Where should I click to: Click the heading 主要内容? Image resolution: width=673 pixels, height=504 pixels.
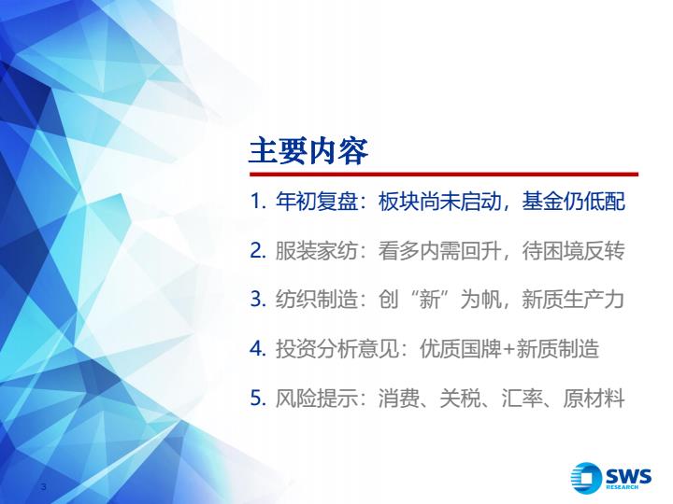pyautogui.click(x=308, y=151)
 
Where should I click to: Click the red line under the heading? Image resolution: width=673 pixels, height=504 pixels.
pyautogui.click(x=444, y=175)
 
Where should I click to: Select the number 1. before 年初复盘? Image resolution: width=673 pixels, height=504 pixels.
pyautogui.click(x=258, y=202)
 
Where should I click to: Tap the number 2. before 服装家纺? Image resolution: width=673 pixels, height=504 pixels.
pyautogui.click(x=258, y=251)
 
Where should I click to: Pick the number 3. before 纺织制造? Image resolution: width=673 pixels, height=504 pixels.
pyautogui.click(x=258, y=300)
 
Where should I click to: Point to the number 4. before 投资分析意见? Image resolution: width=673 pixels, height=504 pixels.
pyautogui.click(x=258, y=349)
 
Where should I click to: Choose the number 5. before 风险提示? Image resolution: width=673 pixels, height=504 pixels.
pyautogui.click(x=258, y=399)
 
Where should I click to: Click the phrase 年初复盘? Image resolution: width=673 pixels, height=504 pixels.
pyautogui.click(x=316, y=202)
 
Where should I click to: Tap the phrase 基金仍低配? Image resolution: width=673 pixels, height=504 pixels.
pyautogui.click(x=573, y=202)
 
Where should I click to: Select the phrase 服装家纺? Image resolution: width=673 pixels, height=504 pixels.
pyautogui.click(x=316, y=251)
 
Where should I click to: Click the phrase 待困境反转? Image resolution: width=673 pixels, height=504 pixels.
pyautogui.click(x=573, y=251)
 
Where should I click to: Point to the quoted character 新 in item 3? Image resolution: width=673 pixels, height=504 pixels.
pyautogui.click(x=429, y=300)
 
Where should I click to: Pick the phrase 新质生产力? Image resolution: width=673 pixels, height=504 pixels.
pyautogui.click(x=573, y=300)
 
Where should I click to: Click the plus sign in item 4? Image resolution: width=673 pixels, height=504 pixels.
pyautogui.click(x=508, y=350)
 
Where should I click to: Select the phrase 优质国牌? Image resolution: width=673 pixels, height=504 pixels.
pyautogui.click(x=461, y=349)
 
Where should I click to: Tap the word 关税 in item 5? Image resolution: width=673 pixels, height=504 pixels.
pyautogui.click(x=460, y=399)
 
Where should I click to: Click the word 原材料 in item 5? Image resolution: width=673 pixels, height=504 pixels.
pyautogui.click(x=594, y=399)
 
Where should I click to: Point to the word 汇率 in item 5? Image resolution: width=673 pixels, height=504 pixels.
pyautogui.click(x=522, y=399)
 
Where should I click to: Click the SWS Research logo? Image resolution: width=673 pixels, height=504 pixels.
pyautogui.click(x=610, y=476)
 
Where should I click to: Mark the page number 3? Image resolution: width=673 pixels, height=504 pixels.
pyautogui.click(x=43, y=486)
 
